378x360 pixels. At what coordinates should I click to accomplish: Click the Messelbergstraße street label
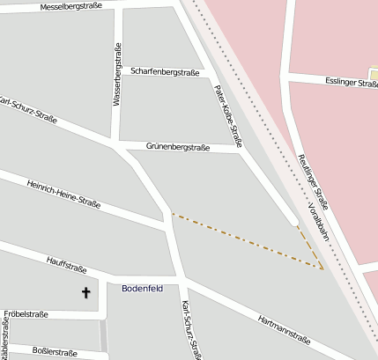coord(71,6)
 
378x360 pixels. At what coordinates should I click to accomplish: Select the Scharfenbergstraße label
coord(164,70)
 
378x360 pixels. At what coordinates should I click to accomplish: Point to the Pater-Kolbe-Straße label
coord(228,114)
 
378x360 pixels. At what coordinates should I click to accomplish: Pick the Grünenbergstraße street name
coord(178,147)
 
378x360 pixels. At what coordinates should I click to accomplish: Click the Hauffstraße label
coord(65,261)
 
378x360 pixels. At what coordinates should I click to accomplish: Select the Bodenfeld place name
coord(142,288)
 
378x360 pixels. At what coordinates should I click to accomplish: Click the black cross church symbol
coord(86,291)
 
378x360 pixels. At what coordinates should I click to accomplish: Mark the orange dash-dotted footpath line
coord(247,239)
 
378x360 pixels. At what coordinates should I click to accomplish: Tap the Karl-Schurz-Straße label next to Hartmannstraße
coord(190,330)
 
